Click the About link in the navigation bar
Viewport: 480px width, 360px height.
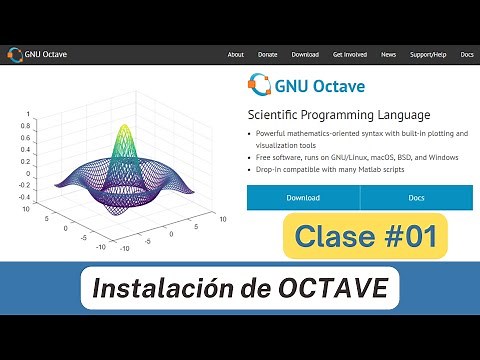tap(235, 54)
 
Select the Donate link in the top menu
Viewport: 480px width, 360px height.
tap(267, 54)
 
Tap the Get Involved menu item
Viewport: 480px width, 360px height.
tap(350, 54)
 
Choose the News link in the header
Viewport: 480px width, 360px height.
tap(388, 54)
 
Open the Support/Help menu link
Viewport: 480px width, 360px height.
tap(429, 54)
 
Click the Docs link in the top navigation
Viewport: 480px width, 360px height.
tap(467, 54)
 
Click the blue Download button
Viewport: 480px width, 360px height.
tap(303, 198)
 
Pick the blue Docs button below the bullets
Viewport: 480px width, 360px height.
tap(416, 198)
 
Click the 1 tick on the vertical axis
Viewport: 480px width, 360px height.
tap(29, 113)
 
